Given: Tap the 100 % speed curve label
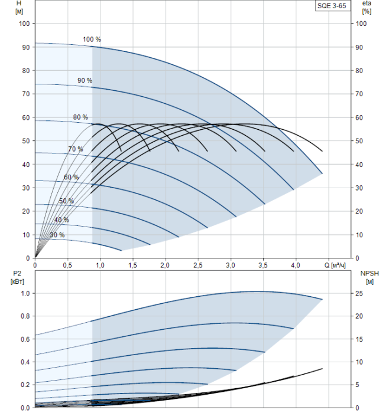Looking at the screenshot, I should [x=92, y=40].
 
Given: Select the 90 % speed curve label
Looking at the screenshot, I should [x=85, y=80].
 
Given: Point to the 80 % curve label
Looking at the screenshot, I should [x=80, y=117].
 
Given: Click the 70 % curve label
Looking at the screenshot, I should [x=76, y=149].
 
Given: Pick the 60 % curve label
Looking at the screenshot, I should [x=71, y=177].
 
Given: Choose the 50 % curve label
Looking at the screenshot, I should [x=66, y=201].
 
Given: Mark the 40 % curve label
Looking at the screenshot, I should [x=61, y=219].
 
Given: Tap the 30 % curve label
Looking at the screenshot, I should [x=57, y=235].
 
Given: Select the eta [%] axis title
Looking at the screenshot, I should [x=367, y=7].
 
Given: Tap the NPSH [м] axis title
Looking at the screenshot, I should [x=368, y=277].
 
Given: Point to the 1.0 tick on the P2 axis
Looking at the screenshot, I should [x=25, y=293].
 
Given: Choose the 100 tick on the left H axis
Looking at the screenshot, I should [x=24, y=24].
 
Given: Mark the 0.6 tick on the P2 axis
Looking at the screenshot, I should [x=25, y=339].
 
